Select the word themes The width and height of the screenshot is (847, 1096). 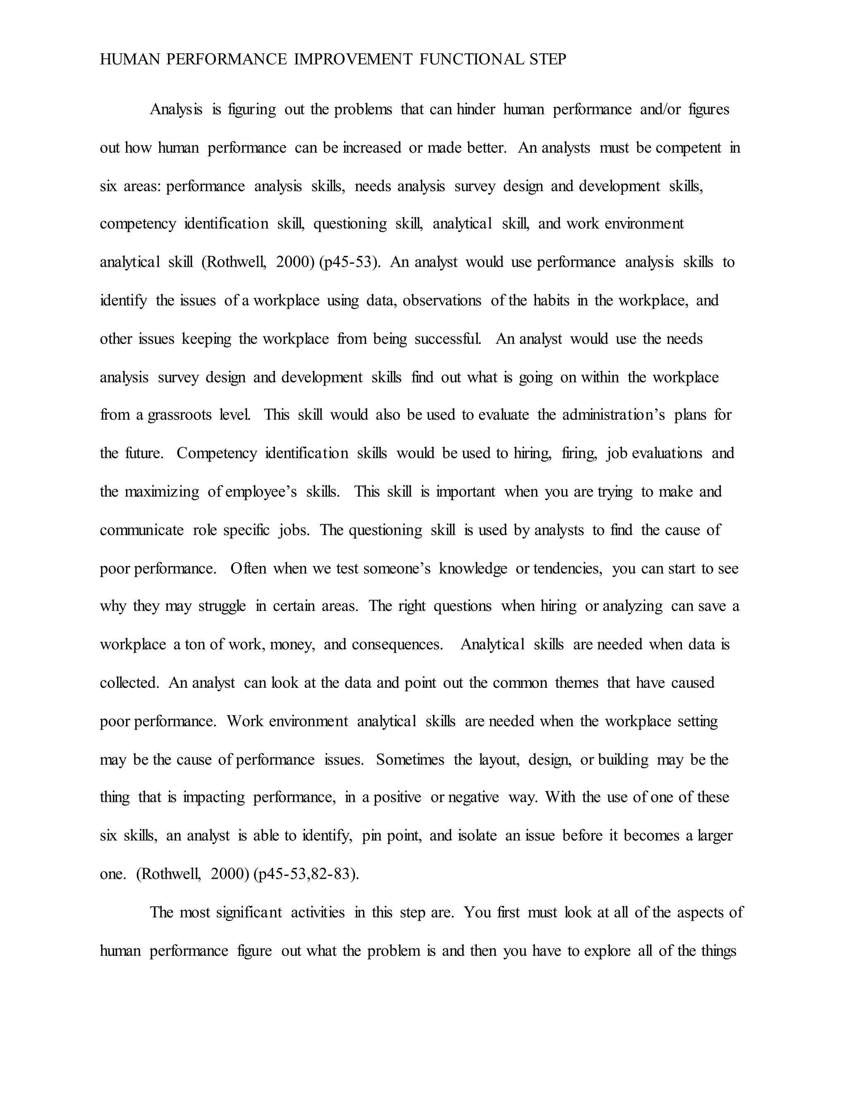[x=577, y=682]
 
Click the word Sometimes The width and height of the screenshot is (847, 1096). [x=410, y=759]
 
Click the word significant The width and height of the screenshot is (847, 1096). [x=249, y=912]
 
